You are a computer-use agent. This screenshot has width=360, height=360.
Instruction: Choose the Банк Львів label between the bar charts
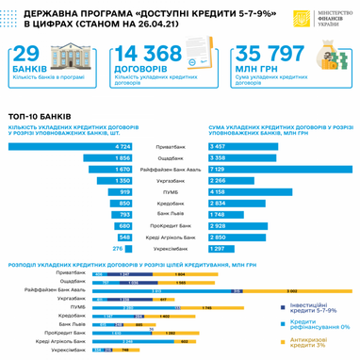(179, 214)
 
